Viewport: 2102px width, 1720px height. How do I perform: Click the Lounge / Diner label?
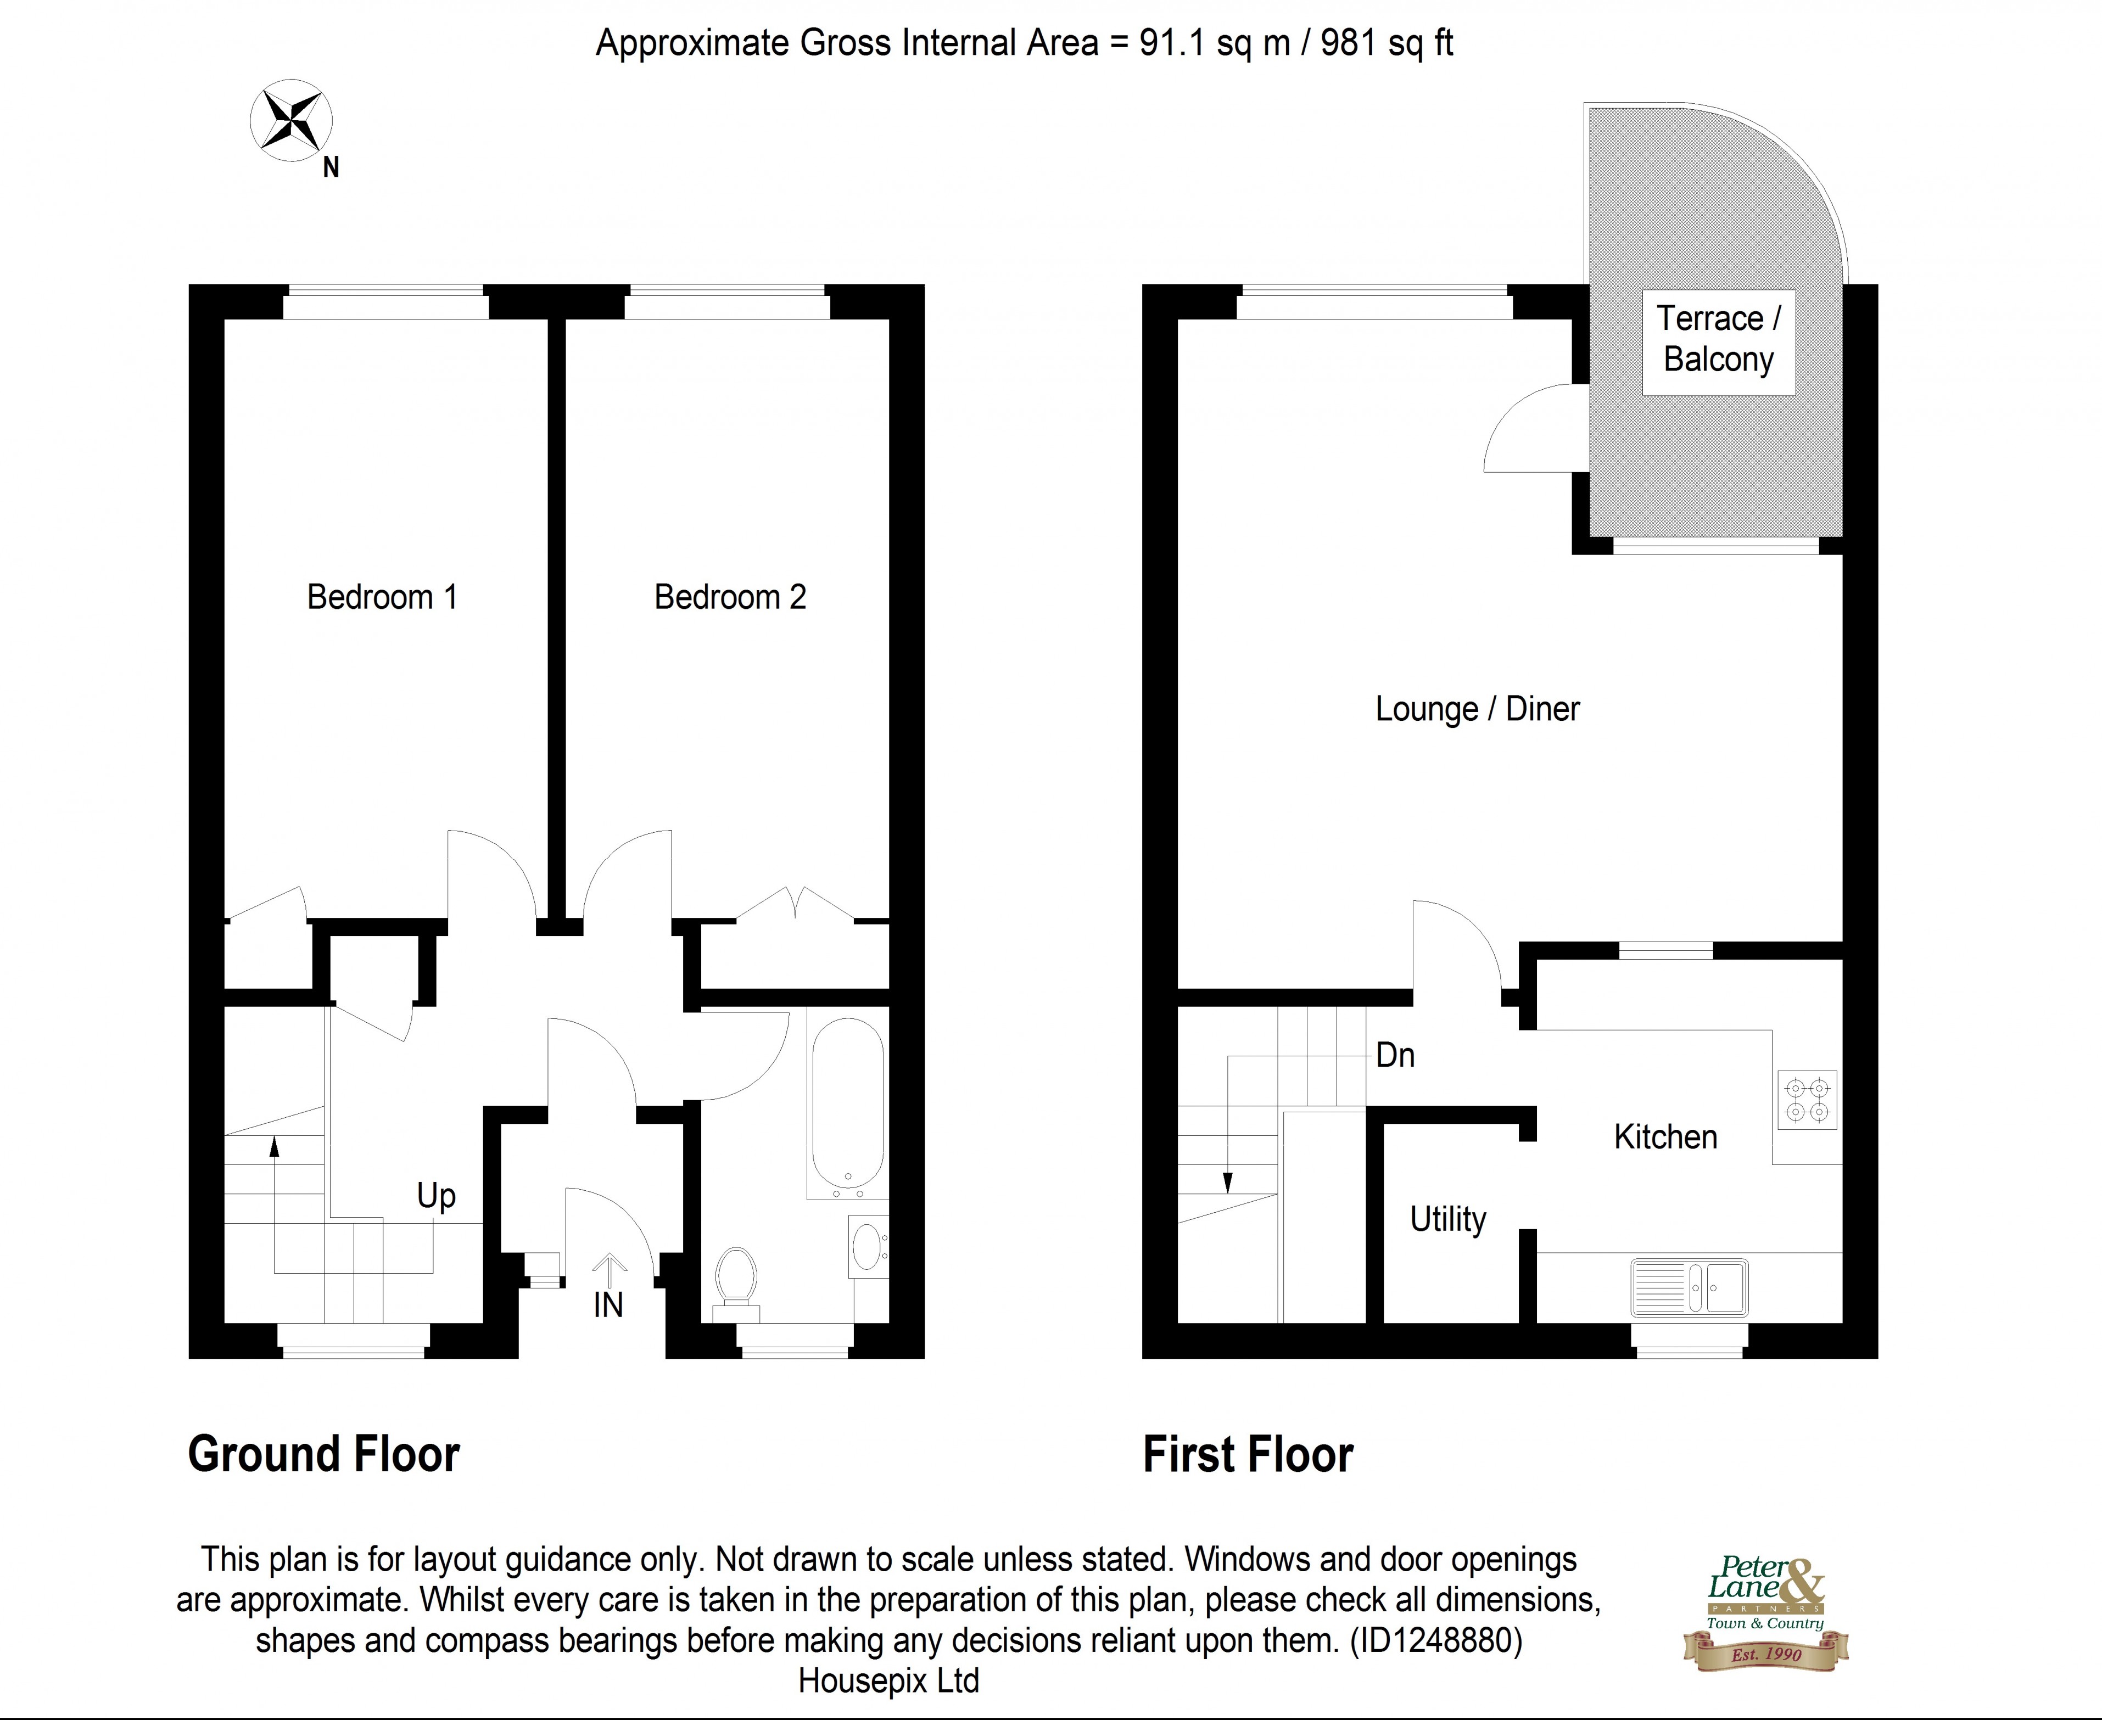click(1477, 709)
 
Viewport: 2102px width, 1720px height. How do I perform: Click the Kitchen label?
click(1665, 1136)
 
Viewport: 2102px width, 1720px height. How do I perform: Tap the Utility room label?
click(1448, 1219)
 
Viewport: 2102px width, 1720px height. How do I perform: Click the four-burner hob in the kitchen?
click(1807, 1100)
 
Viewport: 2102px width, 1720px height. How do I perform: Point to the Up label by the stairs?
click(436, 1196)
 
